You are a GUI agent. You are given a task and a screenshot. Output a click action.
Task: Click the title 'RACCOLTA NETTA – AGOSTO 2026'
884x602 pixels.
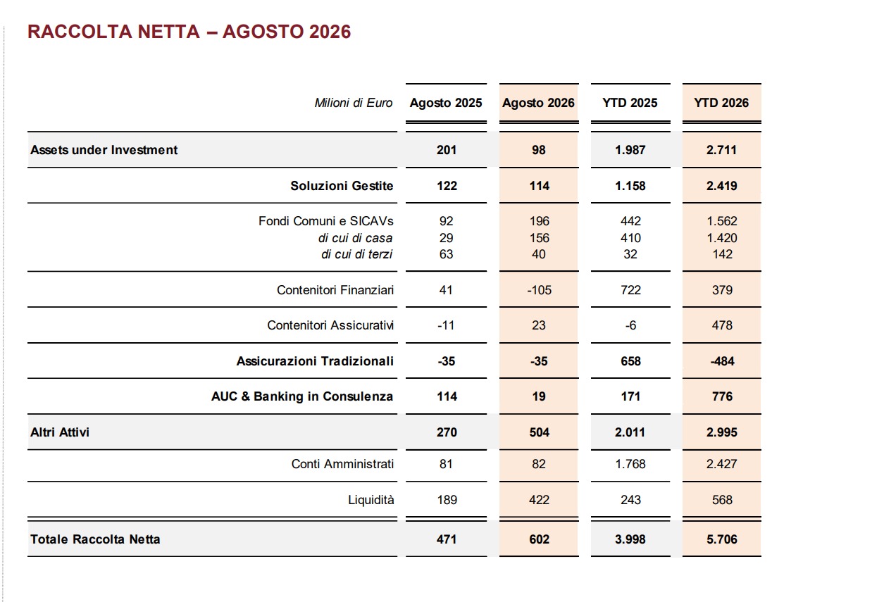pyautogui.click(x=189, y=32)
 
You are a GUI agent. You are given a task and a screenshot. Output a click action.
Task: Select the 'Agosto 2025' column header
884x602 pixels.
pyautogui.click(x=446, y=103)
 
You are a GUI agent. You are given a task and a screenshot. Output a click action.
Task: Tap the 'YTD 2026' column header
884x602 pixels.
pyautogui.click(x=721, y=103)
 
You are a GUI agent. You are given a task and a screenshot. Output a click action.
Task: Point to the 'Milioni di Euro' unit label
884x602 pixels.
pyautogui.click(x=353, y=103)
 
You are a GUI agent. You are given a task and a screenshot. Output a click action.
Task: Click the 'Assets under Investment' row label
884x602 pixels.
pyautogui.click(x=104, y=150)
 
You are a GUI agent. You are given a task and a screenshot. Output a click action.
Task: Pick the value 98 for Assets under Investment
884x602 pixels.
pyautogui.click(x=539, y=150)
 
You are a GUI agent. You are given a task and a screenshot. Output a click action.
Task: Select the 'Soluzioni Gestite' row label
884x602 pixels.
pyautogui.click(x=342, y=186)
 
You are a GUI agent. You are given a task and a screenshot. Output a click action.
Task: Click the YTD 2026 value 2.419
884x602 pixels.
pyautogui.click(x=722, y=186)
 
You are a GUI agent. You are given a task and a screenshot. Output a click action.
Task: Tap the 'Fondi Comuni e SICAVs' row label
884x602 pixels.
pyautogui.click(x=326, y=221)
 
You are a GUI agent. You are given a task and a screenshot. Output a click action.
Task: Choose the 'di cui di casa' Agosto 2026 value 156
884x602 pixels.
pyautogui.click(x=539, y=238)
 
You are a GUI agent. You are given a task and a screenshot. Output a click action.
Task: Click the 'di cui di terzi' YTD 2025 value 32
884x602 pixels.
pyautogui.click(x=630, y=254)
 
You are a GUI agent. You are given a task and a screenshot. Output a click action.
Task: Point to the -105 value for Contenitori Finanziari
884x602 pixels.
pyautogui.click(x=539, y=290)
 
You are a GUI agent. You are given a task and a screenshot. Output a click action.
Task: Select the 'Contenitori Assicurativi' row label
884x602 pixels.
pyautogui.click(x=330, y=325)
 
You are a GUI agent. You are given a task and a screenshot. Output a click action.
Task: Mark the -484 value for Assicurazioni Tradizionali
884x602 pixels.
pyautogui.click(x=722, y=361)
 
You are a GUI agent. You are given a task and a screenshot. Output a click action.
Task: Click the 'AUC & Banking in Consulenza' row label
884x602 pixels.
pyautogui.click(x=302, y=396)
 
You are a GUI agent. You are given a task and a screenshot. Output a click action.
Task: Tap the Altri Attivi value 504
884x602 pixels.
pyautogui.click(x=539, y=432)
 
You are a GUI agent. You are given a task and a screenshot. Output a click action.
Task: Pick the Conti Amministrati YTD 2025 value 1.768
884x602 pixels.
pyautogui.click(x=630, y=463)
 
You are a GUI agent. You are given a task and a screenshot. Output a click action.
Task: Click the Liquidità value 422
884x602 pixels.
pyautogui.click(x=539, y=500)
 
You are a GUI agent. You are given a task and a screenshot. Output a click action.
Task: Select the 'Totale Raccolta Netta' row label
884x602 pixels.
pyautogui.click(x=95, y=539)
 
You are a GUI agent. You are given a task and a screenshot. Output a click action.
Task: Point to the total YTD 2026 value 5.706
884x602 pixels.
pyautogui.click(x=722, y=539)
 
